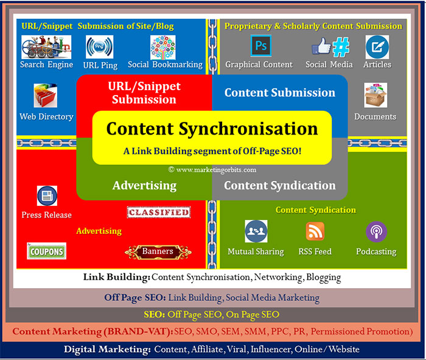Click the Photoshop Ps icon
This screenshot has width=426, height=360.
(x=260, y=46)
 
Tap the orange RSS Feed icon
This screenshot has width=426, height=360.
(x=315, y=231)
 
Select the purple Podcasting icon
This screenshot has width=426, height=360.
(x=376, y=231)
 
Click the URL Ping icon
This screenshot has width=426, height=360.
(x=99, y=47)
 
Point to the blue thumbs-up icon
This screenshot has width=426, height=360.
(x=321, y=46)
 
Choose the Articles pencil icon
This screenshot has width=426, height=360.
(x=377, y=47)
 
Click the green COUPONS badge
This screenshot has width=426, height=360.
(x=46, y=251)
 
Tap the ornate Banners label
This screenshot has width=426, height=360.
(x=158, y=252)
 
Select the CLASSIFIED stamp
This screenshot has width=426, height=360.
(x=159, y=213)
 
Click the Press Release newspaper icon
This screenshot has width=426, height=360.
(x=47, y=196)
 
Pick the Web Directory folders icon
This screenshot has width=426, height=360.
(x=46, y=96)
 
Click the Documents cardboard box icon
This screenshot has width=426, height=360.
(x=375, y=95)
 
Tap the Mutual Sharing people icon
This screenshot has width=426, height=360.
(x=256, y=231)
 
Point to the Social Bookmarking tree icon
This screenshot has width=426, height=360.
(x=162, y=48)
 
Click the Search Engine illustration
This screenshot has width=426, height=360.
(x=46, y=47)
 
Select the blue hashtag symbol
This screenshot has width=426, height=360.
(x=341, y=47)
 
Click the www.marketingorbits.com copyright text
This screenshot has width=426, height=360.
(x=212, y=170)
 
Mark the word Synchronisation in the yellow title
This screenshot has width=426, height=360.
(x=248, y=129)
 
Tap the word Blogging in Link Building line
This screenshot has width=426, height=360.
(x=324, y=277)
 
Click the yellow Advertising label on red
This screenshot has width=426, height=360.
(x=99, y=231)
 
